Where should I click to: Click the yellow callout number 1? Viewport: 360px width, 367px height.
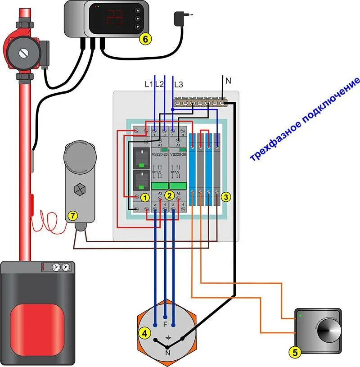click(x=145, y=197)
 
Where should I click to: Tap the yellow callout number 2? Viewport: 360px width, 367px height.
click(x=169, y=195)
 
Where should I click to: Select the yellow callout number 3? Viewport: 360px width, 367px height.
click(x=226, y=197)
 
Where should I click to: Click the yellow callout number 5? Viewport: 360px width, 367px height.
click(x=295, y=352)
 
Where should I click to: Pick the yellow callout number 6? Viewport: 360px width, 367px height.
click(x=144, y=39)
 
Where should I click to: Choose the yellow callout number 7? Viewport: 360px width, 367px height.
click(x=72, y=216)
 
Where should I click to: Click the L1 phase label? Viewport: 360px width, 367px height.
click(x=148, y=84)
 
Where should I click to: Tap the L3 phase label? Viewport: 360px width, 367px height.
click(x=178, y=84)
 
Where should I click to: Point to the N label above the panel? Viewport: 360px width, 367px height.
click(x=228, y=81)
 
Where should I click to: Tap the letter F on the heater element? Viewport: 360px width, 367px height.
click(x=165, y=324)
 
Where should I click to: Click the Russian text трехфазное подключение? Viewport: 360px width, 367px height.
click(x=305, y=119)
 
